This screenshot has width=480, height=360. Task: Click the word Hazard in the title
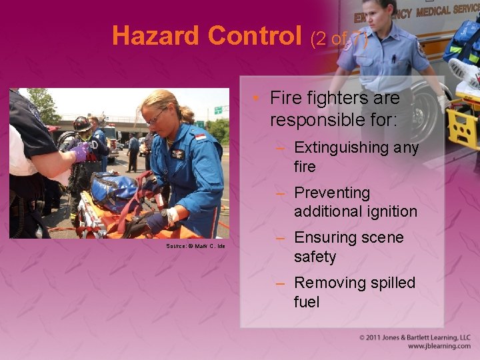pos(157,35)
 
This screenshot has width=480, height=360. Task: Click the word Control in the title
pos(255,35)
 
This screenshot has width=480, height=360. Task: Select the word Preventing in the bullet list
pos(332,193)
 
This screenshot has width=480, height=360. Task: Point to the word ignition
pos(391,212)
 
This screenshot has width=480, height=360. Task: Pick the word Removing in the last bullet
pos(329,283)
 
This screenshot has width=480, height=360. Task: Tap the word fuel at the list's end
pos(307,302)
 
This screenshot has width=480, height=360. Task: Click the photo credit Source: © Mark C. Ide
pos(195,246)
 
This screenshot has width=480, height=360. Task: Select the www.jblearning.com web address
pos(439,346)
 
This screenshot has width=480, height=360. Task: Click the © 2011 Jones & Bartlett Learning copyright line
pos(415,337)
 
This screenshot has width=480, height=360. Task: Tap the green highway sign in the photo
pos(217,109)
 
